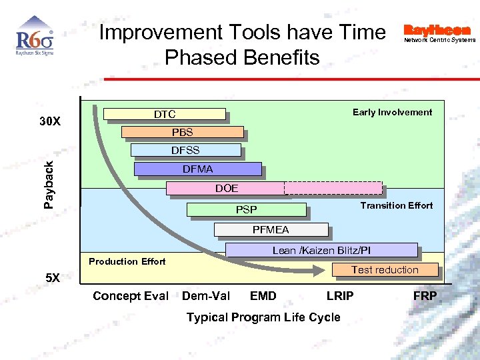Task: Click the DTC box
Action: (164, 115)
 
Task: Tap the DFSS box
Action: (185, 150)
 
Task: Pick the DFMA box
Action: (197, 169)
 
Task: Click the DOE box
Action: (226, 189)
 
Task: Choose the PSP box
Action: (246, 210)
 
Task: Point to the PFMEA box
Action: (271, 230)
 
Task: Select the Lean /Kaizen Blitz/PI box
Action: (321, 251)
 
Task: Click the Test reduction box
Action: (385, 270)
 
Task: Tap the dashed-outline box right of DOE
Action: (333, 188)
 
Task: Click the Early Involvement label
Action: (392, 112)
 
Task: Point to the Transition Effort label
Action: (397, 205)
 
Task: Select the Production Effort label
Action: (127, 261)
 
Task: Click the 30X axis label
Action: (49, 122)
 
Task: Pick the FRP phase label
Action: (425, 295)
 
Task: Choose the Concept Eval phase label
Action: (131, 295)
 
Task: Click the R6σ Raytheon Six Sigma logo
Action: (35, 43)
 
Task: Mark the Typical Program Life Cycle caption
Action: (263, 317)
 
